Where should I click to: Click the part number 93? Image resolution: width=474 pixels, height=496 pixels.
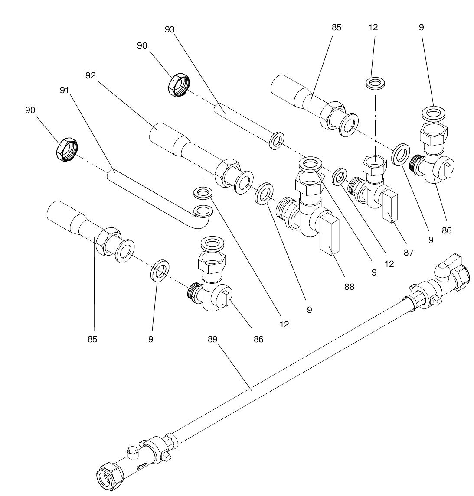tap(170, 29)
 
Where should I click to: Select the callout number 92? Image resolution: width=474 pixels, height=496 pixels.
tap(90, 75)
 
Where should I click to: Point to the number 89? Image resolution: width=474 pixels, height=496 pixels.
tap(212, 339)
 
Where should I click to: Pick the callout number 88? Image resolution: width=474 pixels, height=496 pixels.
tap(349, 286)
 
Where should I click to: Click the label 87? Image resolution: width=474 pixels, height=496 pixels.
tap(409, 253)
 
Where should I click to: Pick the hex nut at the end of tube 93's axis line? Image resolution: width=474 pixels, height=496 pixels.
tap(178, 85)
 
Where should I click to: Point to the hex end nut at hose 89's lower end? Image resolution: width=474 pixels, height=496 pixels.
tap(107, 480)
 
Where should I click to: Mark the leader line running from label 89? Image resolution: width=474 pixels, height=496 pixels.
tap(234, 366)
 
